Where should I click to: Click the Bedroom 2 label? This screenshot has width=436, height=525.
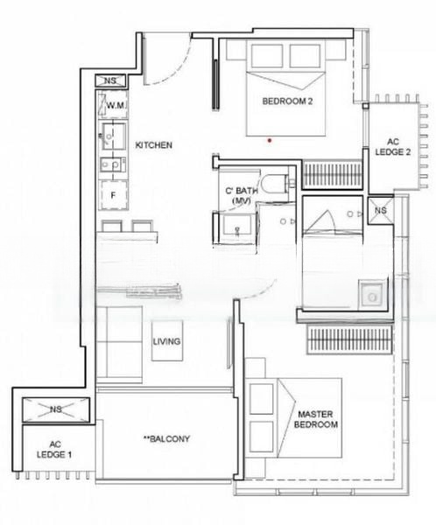pos(287,101)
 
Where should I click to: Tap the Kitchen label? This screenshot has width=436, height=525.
pos(154,145)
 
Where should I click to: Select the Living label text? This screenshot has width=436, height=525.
pos(166,341)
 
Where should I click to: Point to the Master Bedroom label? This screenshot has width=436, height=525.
pos(316,419)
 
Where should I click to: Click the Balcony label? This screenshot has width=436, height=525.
pos(166,438)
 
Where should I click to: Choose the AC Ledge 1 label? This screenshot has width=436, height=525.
pos(54,450)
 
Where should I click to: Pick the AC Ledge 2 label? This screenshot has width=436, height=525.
pos(392,147)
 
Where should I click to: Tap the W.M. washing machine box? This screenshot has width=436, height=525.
pos(113,104)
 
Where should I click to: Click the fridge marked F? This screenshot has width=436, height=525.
pos(113,195)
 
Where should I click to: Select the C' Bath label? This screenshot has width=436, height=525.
pos(242,195)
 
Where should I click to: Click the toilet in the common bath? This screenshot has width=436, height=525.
pos(278,185)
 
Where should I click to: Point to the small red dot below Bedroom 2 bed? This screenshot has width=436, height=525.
pos(270,141)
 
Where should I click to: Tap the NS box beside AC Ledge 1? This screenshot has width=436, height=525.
pos(56,409)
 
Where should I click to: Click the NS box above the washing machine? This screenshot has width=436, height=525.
pos(110,80)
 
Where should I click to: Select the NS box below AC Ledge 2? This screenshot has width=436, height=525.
pos(380,210)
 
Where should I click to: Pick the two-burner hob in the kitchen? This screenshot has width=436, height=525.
pos(113,164)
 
